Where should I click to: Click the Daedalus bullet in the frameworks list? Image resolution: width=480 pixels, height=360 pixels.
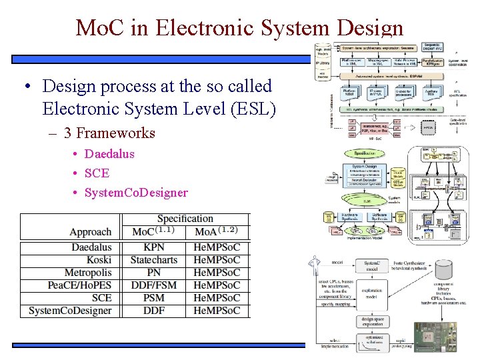tap(109, 154)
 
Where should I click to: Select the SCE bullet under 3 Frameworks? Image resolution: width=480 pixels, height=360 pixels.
tap(97, 173)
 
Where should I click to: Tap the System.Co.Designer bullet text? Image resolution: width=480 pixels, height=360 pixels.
tap(136, 193)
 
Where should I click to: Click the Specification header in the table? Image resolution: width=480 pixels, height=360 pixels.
tap(185, 219)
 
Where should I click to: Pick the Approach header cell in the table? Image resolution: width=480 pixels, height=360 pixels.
tap(90, 232)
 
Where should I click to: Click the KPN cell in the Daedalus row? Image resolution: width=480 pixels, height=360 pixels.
tap(154, 247)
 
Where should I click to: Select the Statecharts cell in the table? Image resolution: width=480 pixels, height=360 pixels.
tap(154, 260)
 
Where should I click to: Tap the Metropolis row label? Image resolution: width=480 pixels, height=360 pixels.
tap(88, 273)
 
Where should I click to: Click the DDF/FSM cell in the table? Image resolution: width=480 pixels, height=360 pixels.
tap(154, 285)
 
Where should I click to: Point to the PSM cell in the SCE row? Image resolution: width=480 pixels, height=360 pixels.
tap(154, 298)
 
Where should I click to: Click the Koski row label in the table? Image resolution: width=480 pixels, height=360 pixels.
tap(99, 260)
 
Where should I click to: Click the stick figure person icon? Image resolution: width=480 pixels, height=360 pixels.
tap(315, 265)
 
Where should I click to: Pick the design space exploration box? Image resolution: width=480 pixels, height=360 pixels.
tap(371, 322)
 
